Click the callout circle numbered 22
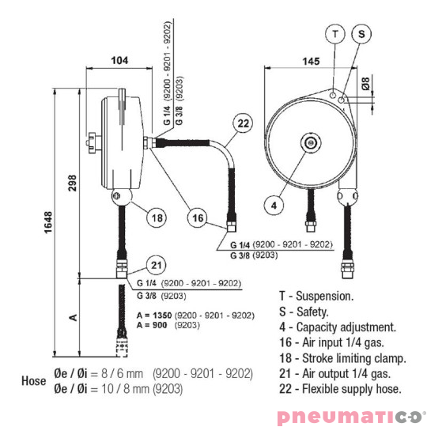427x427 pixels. point(243,123)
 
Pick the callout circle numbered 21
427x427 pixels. point(157,266)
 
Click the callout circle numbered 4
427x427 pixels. point(274,205)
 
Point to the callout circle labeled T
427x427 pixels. point(337,34)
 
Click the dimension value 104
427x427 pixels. point(120,60)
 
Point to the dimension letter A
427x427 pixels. point(74,316)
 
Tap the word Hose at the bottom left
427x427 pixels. point(35,380)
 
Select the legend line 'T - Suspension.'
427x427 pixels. point(316,297)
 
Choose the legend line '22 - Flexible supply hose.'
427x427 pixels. point(340,388)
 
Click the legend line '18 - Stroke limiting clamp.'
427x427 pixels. point(342,357)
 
